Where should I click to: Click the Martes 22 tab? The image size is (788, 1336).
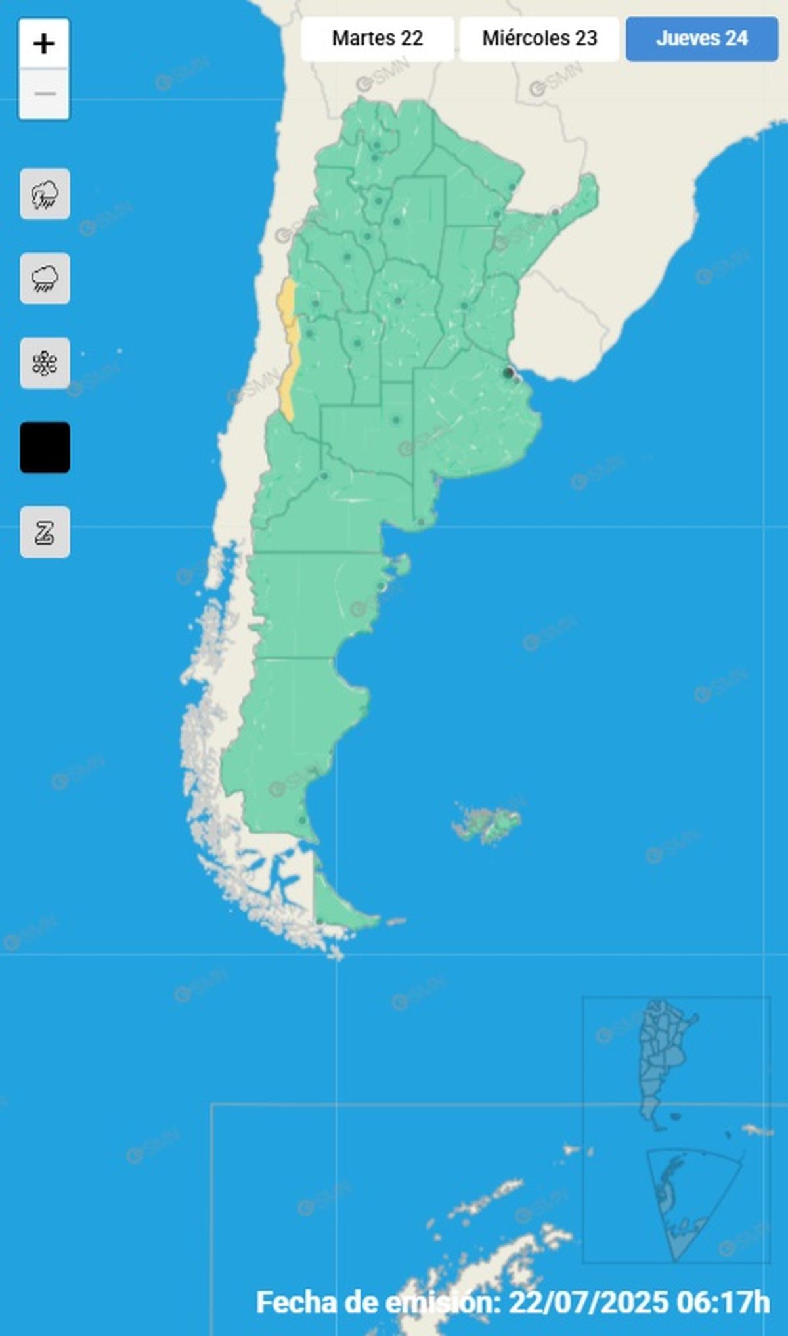tap(377, 39)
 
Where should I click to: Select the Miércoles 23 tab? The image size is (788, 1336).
tap(539, 39)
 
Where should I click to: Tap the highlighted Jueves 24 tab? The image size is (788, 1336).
tap(701, 39)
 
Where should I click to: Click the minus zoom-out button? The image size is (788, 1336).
tap(44, 94)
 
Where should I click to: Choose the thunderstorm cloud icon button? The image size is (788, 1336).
tap(45, 194)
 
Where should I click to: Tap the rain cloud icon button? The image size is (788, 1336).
tap(45, 278)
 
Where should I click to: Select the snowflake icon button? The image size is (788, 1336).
tap(45, 363)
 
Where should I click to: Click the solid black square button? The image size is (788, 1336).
tap(45, 447)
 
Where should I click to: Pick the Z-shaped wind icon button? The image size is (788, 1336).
tap(45, 532)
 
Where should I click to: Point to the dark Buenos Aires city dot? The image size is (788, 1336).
tap(508, 373)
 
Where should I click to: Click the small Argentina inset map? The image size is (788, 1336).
tap(663, 1064)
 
